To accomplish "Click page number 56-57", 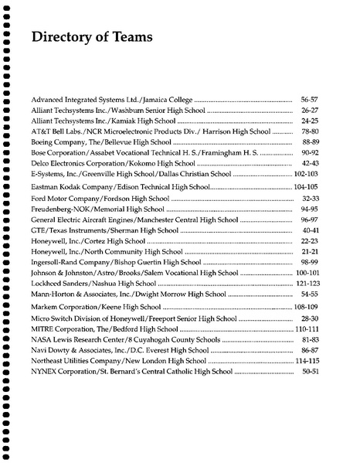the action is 309,100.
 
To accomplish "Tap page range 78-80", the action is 309,132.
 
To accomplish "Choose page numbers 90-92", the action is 309,154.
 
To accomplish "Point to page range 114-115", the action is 307,361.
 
